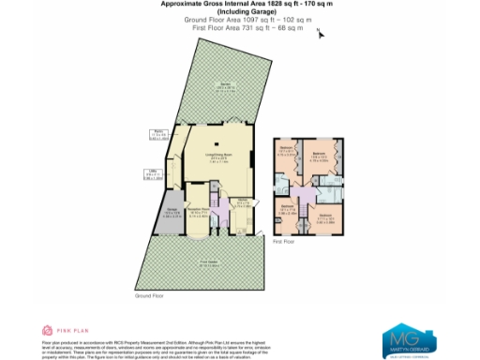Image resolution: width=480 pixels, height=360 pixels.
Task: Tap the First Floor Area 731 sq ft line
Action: (x=239, y=29)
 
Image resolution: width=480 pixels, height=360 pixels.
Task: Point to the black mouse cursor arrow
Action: (x=321, y=35)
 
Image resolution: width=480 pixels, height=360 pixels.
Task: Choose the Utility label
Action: (x=151, y=172)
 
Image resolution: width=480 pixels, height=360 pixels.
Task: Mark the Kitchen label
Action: (x=241, y=202)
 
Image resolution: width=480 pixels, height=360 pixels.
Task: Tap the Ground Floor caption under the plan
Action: (x=150, y=296)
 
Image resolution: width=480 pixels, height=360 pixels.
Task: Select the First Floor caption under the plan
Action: (x=283, y=242)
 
